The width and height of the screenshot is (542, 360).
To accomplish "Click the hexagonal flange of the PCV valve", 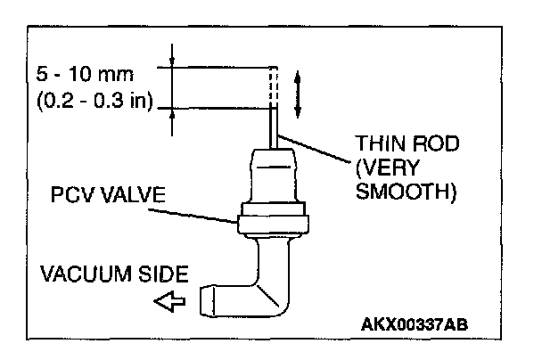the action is pos(274,219).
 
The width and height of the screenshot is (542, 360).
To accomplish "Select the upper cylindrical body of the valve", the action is pos(274,177).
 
